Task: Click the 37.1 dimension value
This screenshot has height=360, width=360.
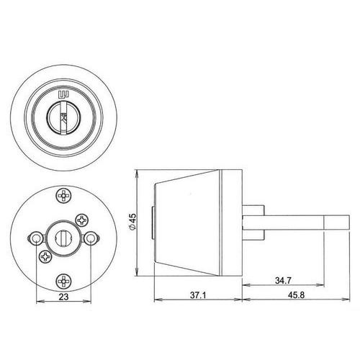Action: coord(198,295)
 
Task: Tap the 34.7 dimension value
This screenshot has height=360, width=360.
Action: coord(283,280)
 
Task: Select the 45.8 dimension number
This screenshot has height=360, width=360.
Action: coord(296,295)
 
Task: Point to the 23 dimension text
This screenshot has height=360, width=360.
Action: coord(63,297)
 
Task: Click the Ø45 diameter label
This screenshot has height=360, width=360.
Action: coord(132,222)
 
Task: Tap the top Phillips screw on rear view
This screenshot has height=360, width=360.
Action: coord(63,196)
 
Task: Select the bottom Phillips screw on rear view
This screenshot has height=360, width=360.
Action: coord(63,281)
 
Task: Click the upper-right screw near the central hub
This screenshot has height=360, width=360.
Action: coord(82,220)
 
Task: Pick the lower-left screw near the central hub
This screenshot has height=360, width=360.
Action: coord(45,257)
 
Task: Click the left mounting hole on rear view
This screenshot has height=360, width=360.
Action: coord(36,238)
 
